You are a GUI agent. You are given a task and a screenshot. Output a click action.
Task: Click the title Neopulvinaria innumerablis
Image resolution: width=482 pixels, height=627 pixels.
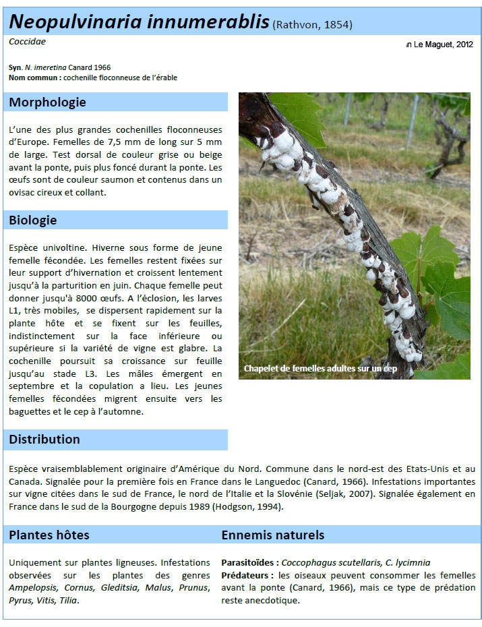tap(139, 22)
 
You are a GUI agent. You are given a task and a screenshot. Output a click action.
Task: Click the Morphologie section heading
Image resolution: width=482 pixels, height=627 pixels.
tap(47, 102)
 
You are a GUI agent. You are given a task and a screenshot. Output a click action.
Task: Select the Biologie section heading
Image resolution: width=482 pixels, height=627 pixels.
tap(33, 220)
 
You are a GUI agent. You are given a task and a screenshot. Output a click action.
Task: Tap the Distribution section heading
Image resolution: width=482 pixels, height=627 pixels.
tap(44, 440)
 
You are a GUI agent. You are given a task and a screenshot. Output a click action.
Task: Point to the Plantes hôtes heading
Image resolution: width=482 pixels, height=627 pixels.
tap(49, 535)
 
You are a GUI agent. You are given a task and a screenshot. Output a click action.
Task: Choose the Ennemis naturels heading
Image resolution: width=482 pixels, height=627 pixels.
tap(273, 535)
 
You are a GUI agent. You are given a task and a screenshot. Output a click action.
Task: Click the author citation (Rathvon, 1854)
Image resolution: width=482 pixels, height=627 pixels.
tap(312, 26)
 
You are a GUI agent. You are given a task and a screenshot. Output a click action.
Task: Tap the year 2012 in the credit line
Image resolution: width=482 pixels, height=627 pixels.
tap(464, 44)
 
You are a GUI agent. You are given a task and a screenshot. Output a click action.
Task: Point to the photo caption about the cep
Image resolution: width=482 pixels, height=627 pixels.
tap(321, 369)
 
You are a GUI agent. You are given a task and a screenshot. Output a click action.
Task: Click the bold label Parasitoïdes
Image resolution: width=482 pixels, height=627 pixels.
tap(249, 562)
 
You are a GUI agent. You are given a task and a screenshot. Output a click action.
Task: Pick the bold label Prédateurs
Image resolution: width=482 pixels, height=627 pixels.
tap(246, 575)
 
